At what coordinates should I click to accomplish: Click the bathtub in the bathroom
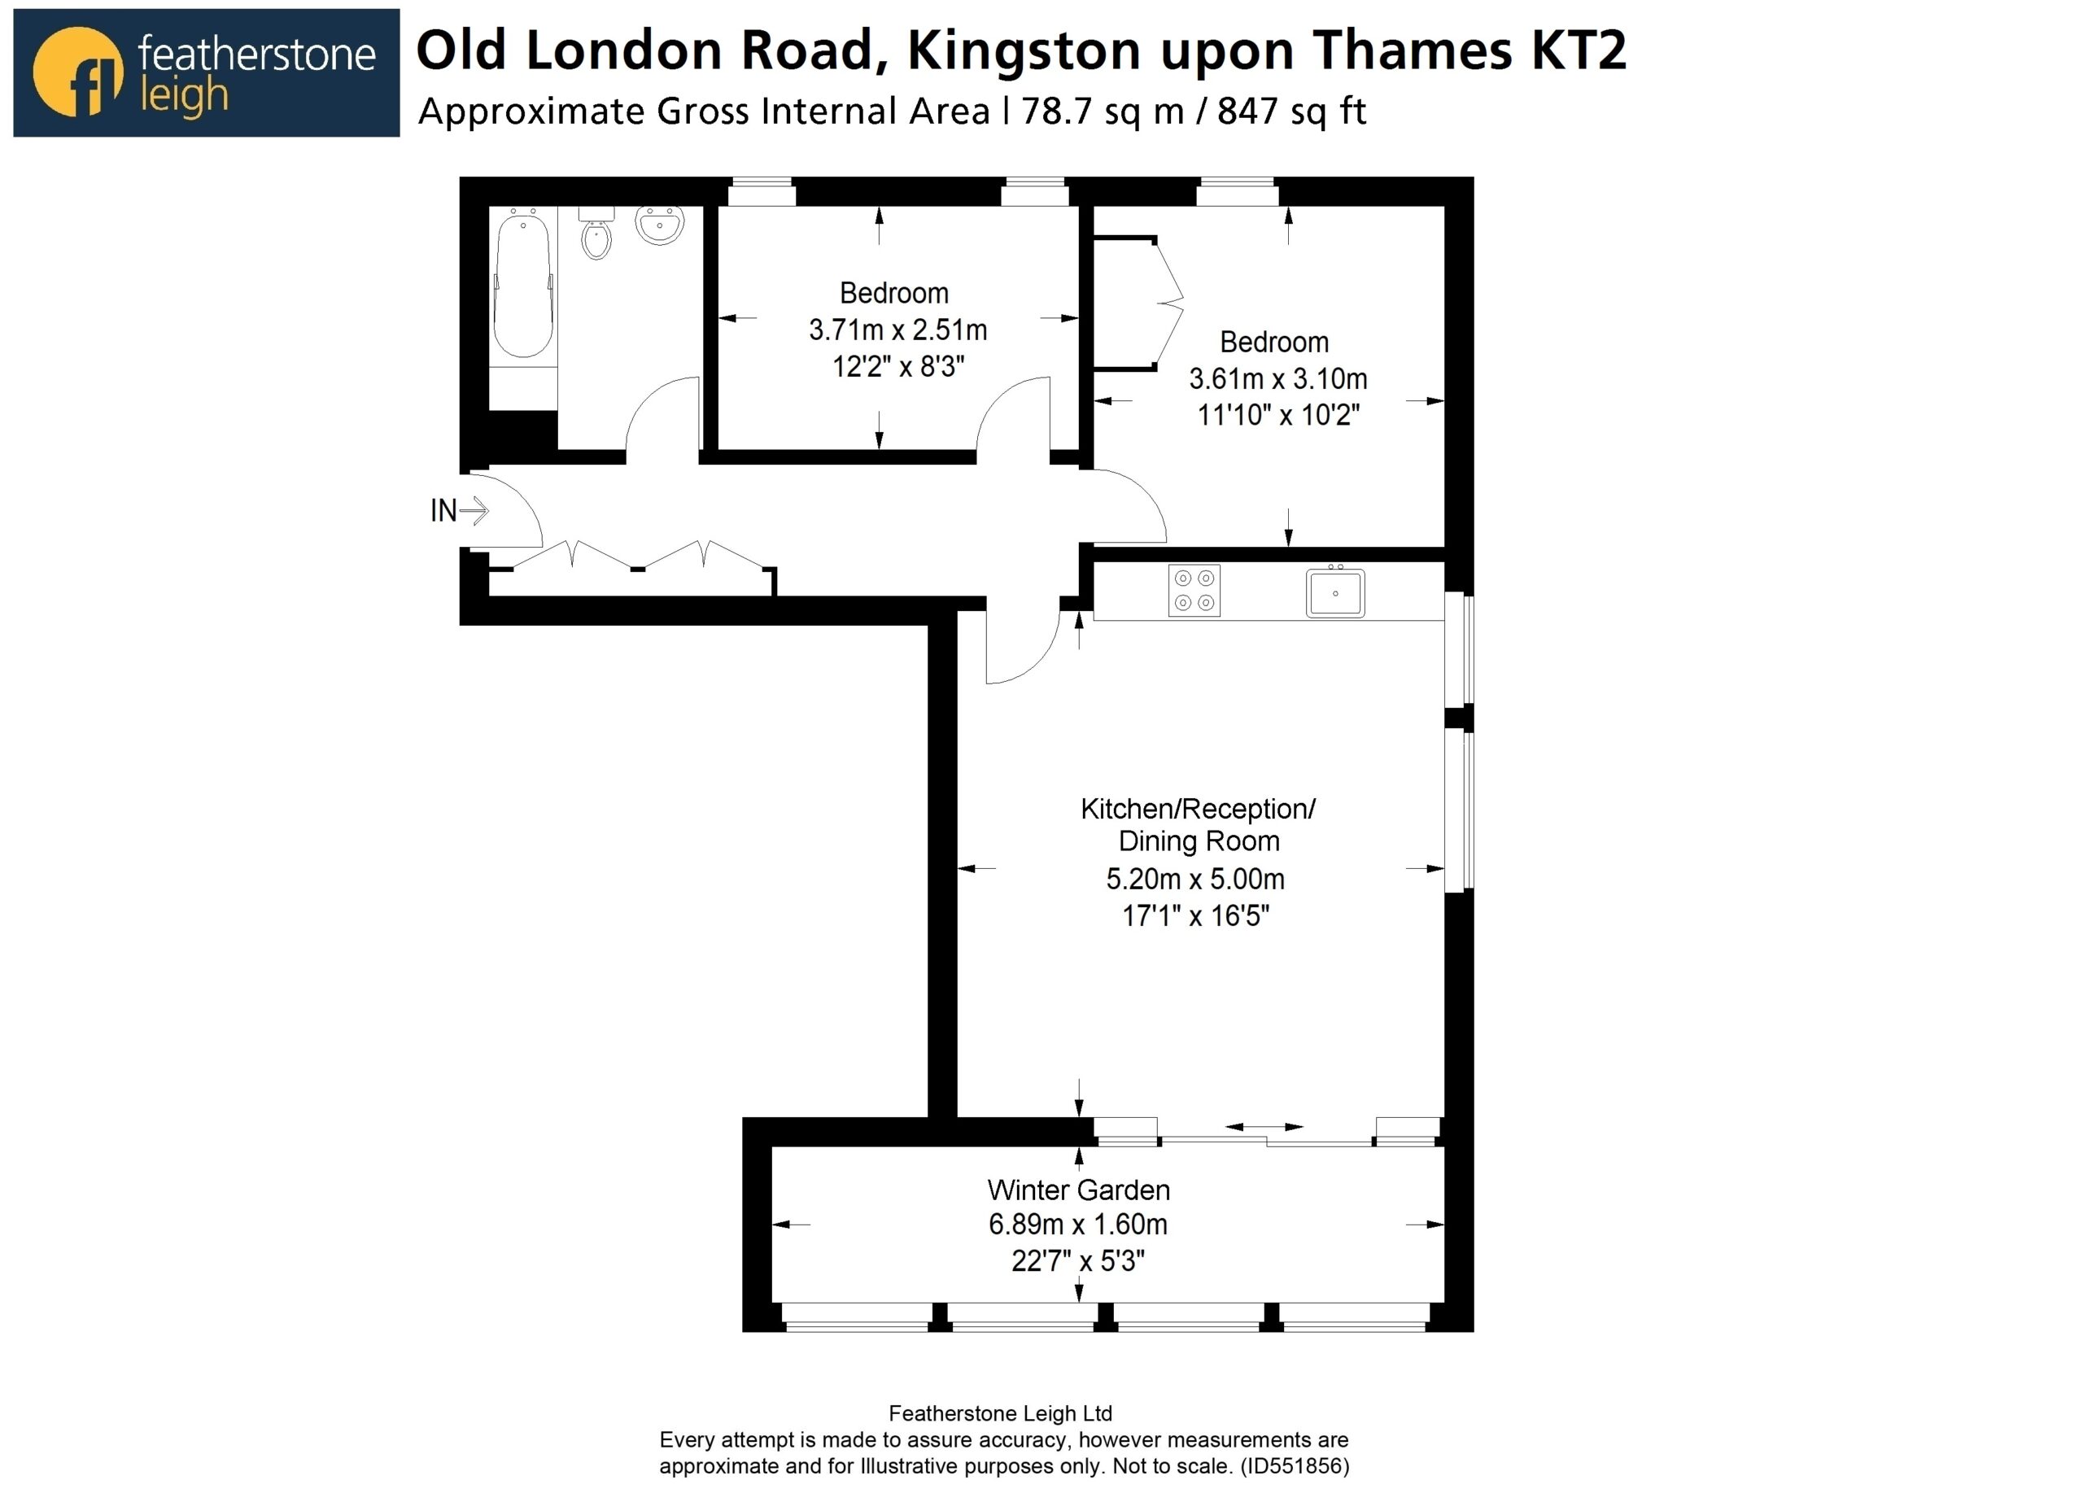[522, 282]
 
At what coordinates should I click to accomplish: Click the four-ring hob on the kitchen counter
[1194, 591]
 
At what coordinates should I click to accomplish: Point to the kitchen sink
[1335, 592]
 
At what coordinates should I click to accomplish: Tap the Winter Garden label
[1078, 1190]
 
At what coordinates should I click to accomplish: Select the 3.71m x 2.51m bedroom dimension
[897, 330]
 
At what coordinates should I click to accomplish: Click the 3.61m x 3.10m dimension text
[1277, 378]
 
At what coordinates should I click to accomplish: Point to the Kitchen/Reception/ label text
[1198, 810]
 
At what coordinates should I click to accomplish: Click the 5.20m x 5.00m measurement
[1195, 880]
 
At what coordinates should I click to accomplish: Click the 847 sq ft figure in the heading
[1291, 112]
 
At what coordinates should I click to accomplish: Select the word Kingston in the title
[1026, 50]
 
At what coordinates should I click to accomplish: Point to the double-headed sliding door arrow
[1264, 1126]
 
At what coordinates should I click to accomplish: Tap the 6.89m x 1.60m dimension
[1077, 1225]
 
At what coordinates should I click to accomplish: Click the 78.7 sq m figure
[1102, 112]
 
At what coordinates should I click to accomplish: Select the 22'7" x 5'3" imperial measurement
[1077, 1261]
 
